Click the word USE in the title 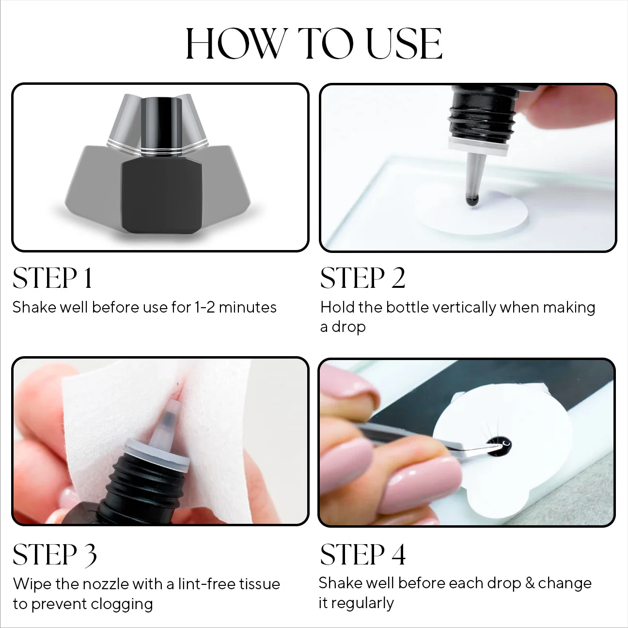click(x=404, y=44)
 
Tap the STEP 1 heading click(x=52, y=278)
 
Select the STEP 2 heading click(x=362, y=278)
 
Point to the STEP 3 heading click(x=55, y=555)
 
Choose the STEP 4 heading click(x=363, y=555)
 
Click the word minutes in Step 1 click(x=248, y=307)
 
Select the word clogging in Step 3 click(x=122, y=605)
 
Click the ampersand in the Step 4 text click(x=530, y=583)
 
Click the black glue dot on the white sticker click(x=499, y=445)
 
